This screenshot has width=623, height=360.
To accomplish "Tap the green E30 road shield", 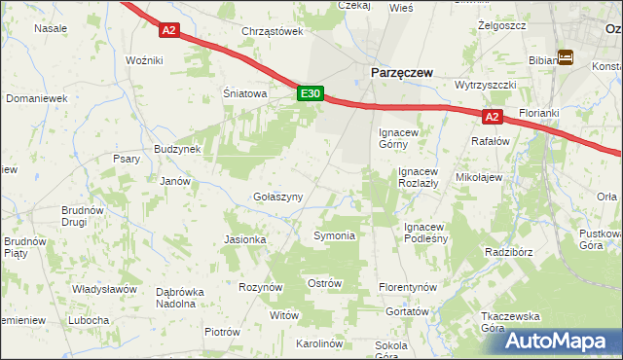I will click(310, 93).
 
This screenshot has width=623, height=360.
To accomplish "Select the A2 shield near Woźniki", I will click(169, 30).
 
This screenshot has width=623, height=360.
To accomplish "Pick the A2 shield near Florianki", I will click(492, 118).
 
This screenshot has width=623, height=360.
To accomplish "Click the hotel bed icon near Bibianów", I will click(566, 58).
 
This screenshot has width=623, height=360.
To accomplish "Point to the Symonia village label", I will click(334, 236).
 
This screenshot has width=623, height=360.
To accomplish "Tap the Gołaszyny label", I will click(277, 197).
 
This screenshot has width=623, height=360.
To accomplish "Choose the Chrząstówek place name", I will click(273, 31).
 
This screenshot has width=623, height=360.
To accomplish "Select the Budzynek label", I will click(177, 149).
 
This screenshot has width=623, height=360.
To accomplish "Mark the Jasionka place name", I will click(244, 239).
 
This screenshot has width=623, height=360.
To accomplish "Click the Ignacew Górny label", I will click(399, 138).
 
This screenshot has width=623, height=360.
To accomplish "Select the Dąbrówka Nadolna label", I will click(189, 297).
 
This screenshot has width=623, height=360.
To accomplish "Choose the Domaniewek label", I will click(36, 98).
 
